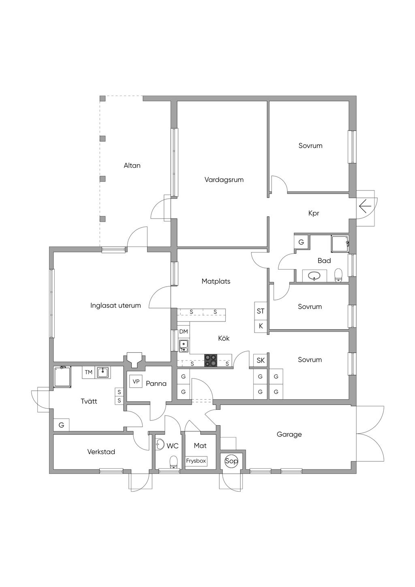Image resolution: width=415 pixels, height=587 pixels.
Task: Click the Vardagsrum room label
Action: click(224, 180)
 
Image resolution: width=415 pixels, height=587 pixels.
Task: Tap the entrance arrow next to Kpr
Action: click(365, 207)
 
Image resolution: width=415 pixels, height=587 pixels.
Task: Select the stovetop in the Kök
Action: click(211, 360)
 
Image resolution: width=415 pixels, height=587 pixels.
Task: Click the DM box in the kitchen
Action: click(184, 332)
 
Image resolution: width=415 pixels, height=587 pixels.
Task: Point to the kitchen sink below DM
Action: click(184, 346)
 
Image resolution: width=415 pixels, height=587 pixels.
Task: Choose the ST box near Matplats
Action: click(261, 311)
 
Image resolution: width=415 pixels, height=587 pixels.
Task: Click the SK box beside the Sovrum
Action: click(261, 360)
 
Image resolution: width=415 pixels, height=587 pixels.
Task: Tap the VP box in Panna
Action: click(136, 381)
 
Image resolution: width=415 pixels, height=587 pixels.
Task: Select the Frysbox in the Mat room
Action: click(196, 461)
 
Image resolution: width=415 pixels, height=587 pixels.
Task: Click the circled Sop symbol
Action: click(231, 461)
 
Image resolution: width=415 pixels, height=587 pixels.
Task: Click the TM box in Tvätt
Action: click(88, 372)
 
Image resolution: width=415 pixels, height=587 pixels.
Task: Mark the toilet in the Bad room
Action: click(338, 275)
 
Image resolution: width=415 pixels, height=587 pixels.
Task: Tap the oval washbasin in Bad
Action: click(314, 276)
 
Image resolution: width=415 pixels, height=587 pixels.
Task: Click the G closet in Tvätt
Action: click(62, 425)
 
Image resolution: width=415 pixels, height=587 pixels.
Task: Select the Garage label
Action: click(289, 434)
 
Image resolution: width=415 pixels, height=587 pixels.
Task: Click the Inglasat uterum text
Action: click(116, 306)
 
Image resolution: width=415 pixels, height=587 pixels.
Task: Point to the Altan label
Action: click(132, 165)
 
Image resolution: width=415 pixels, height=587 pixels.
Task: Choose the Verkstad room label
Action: click(101, 452)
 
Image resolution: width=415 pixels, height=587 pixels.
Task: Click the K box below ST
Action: click(261, 326)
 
